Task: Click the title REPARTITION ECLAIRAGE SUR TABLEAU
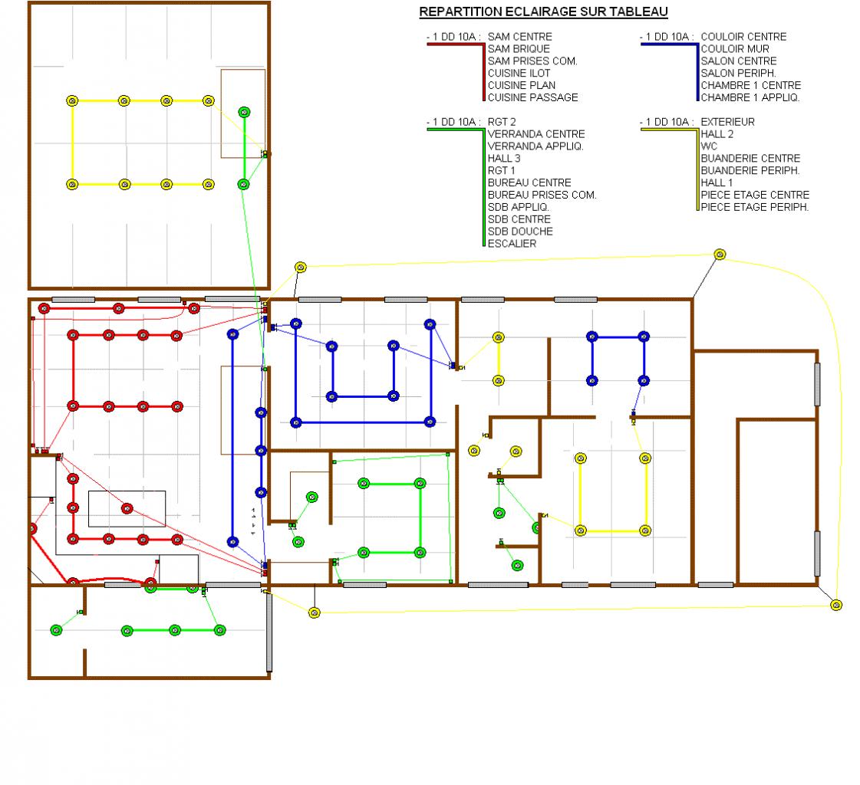point(543,11)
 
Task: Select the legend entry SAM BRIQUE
point(519,48)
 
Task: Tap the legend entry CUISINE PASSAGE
point(532,97)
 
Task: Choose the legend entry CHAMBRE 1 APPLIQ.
point(750,97)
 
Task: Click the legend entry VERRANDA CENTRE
point(535,133)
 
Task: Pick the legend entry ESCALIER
point(512,244)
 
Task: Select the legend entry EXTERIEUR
point(727,121)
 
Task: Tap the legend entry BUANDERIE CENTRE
point(750,158)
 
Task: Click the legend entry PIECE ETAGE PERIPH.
point(754,207)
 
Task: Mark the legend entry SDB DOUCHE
point(519,232)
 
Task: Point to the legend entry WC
point(709,146)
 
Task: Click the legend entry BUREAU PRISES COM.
point(542,195)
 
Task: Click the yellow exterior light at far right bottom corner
point(836,605)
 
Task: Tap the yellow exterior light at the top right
point(720,254)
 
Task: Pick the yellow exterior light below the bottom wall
point(314,612)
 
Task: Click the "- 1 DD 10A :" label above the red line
point(453,36)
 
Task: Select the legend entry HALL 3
point(504,158)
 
